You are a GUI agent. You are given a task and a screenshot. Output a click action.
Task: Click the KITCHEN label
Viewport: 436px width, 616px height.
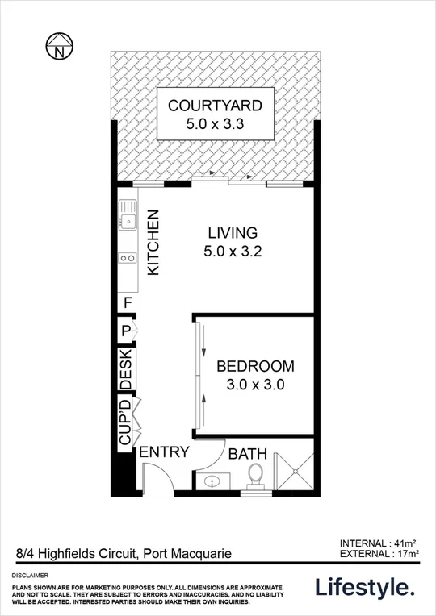[x=153, y=242]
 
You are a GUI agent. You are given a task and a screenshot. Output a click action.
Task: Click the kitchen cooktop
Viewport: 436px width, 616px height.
[x=128, y=258]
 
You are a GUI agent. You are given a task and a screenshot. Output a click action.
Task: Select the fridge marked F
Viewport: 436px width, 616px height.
[x=128, y=303]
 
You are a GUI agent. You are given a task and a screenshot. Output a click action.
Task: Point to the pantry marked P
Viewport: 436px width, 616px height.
[x=127, y=330]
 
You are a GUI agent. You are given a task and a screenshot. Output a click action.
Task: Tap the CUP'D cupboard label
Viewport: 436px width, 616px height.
[x=126, y=422]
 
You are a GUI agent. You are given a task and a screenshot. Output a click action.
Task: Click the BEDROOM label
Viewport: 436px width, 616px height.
[x=255, y=365]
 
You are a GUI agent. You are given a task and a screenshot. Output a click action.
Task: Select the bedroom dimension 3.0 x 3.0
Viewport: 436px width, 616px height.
[x=255, y=385]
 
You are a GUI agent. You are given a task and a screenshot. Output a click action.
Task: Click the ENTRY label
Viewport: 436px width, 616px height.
[x=165, y=452]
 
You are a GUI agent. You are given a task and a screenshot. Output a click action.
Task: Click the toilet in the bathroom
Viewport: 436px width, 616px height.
[x=257, y=475]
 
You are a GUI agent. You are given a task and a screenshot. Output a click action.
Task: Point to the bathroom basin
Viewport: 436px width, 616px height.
[x=212, y=482]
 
